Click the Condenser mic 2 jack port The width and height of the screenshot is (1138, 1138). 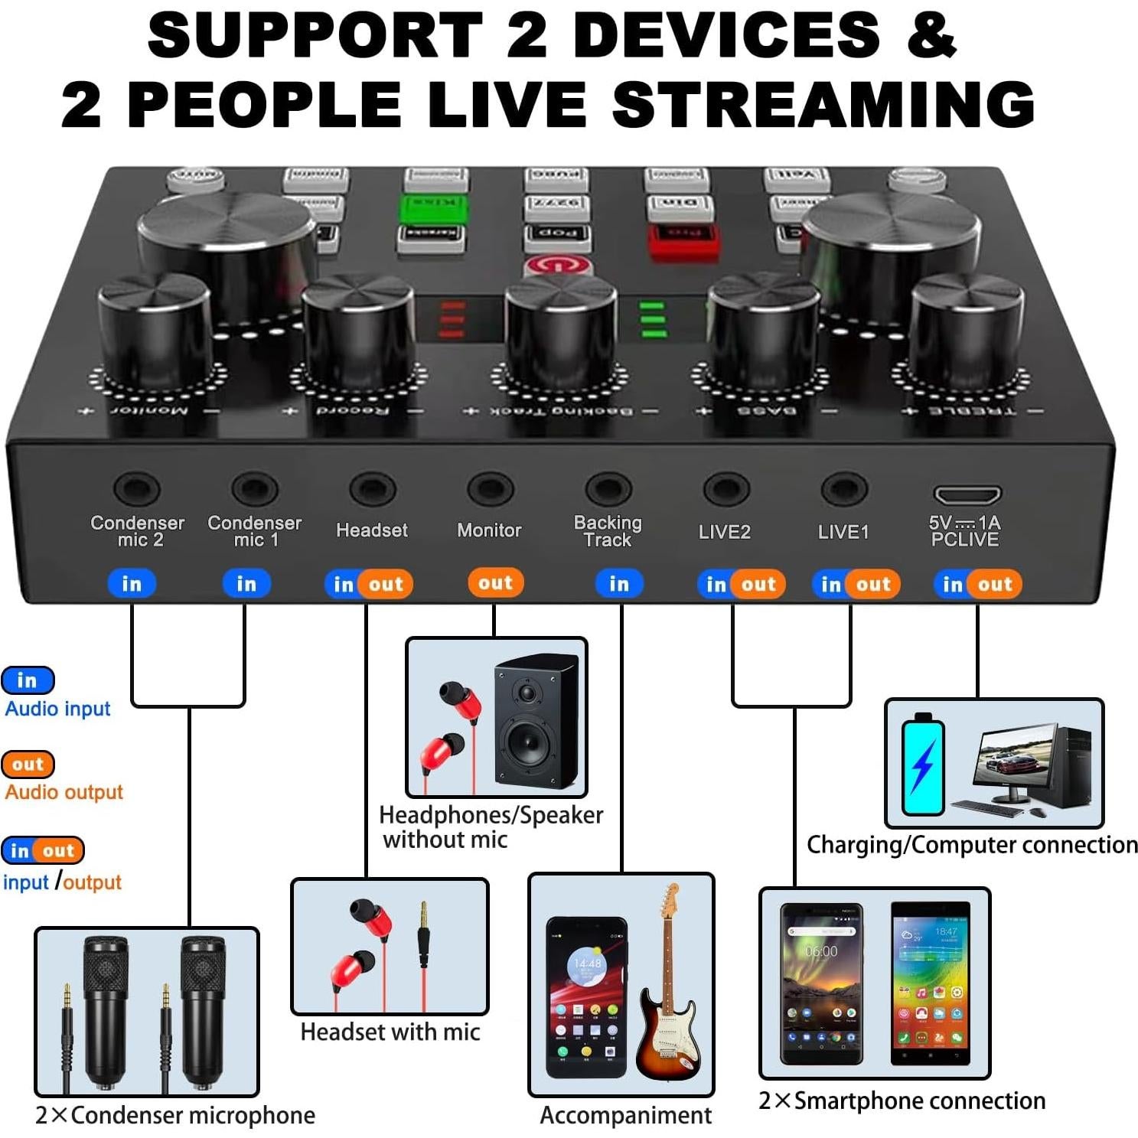[x=137, y=488]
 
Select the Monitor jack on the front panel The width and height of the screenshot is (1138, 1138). [x=490, y=488]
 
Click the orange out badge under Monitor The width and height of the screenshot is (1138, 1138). [x=495, y=583]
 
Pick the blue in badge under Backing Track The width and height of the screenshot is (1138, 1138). [x=618, y=584]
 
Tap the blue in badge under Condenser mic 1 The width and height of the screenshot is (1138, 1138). [x=246, y=584]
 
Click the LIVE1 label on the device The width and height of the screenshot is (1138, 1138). [x=843, y=532]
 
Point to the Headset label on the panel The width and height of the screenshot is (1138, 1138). [x=372, y=530]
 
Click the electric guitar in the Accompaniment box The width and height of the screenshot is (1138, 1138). [x=668, y=987]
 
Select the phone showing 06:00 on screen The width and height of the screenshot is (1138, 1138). [x=821, y=983]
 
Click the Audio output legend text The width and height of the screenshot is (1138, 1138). [x=64, y=792]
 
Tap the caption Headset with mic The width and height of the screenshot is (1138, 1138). [x=390, y=1032]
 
